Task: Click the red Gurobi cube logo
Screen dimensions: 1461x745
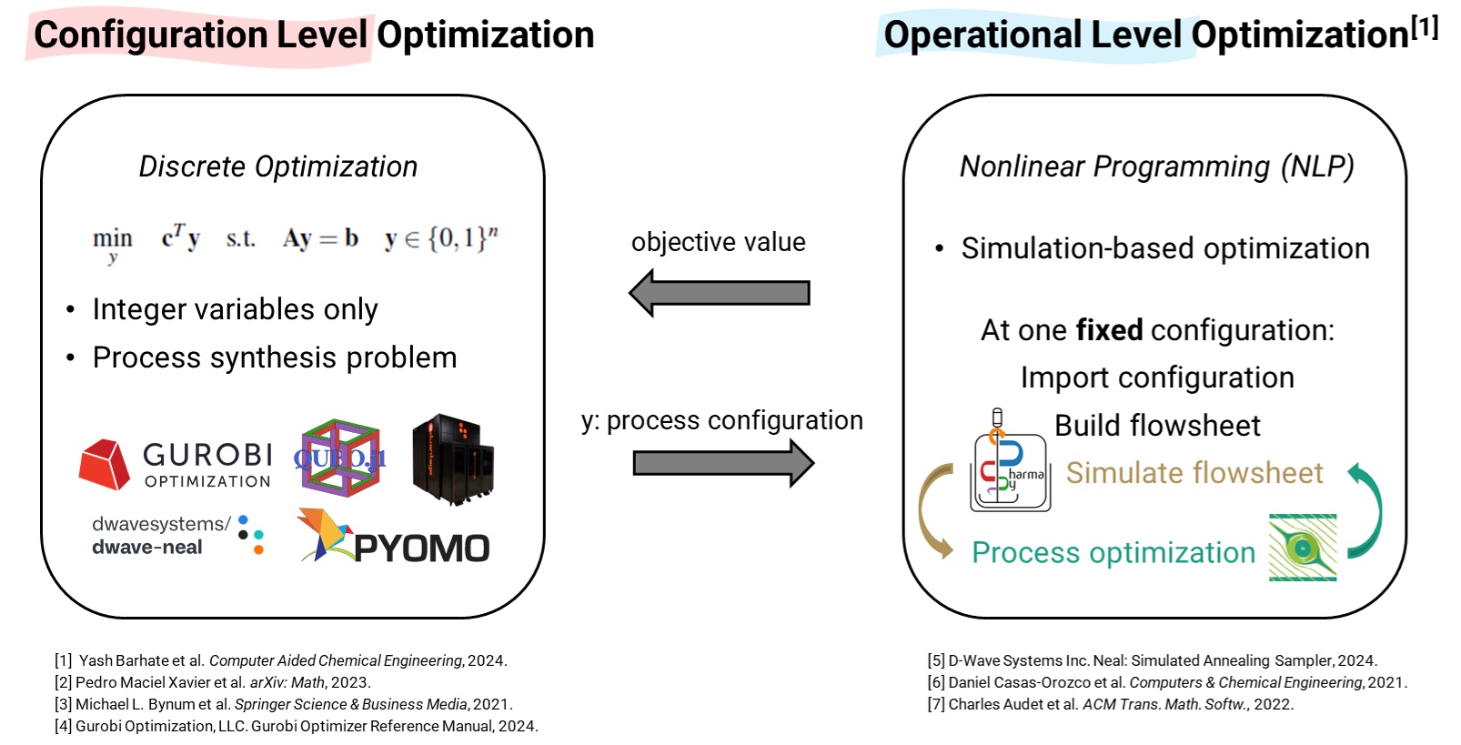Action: tap(104, 464)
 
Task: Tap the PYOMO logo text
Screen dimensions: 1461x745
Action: tap(422, 548)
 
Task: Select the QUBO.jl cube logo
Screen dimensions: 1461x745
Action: tap(340, 458)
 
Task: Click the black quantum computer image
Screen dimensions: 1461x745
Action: tap(453, 459)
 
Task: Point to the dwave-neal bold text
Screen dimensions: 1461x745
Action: tap(146, 547)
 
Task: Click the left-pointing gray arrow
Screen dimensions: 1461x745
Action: tap(720, 293)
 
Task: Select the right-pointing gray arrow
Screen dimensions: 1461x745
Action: tap(723, 463)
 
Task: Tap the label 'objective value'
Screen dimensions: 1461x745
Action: tap(718, 242)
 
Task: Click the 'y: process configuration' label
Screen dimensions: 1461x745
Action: tap(722, 421)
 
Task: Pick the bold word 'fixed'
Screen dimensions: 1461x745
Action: tap(1109, 329)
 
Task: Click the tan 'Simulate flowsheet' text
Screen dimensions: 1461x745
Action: tap(1194, 472)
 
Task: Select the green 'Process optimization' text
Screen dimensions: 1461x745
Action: tap(1113, 552)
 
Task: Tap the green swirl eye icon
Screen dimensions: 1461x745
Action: tap(1303, 548)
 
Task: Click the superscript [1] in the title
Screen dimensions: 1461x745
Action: tap(1425, 27)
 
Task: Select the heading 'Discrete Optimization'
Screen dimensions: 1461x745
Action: tap(278, 166)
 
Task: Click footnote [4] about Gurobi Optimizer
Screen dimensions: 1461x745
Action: tap(297, 726)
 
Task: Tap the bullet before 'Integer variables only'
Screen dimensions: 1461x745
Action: tap(70, 309)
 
